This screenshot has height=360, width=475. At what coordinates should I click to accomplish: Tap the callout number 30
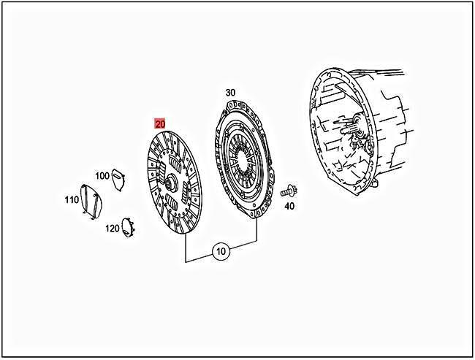point(230,93)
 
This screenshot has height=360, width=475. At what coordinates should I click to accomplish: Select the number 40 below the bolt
point(289,206)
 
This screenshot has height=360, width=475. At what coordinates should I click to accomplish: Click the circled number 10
point(221,252)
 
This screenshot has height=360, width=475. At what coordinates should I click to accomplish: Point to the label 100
point(102,176)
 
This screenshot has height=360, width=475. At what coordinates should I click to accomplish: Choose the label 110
point(71,199)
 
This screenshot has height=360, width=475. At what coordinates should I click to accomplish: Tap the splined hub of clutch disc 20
point(170,183)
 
